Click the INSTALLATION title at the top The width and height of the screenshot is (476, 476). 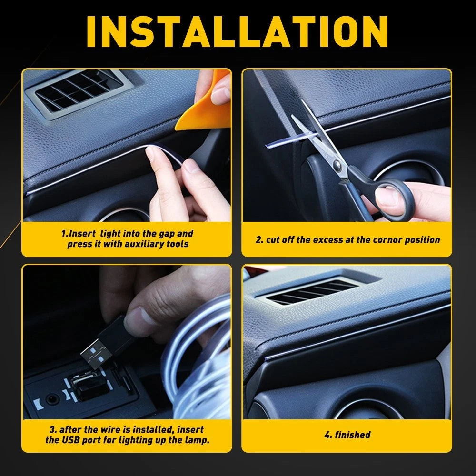click(237, 31)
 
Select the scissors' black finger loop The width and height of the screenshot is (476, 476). click(394, 199)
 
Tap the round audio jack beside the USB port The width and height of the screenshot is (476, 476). click(52, 399)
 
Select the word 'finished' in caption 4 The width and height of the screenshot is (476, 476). click(353, 435)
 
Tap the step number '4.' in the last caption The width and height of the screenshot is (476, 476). click(328, 435)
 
